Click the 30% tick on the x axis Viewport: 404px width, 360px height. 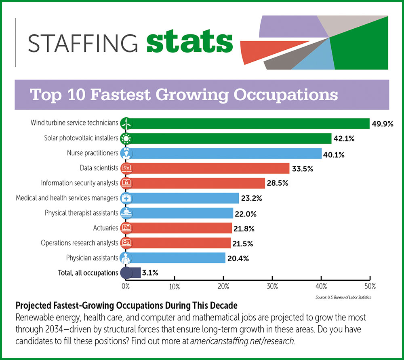(272, 286)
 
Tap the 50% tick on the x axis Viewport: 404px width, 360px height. (370, 286)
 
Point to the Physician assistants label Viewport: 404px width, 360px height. (92, 257)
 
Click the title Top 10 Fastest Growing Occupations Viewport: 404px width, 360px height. (184, 94)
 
